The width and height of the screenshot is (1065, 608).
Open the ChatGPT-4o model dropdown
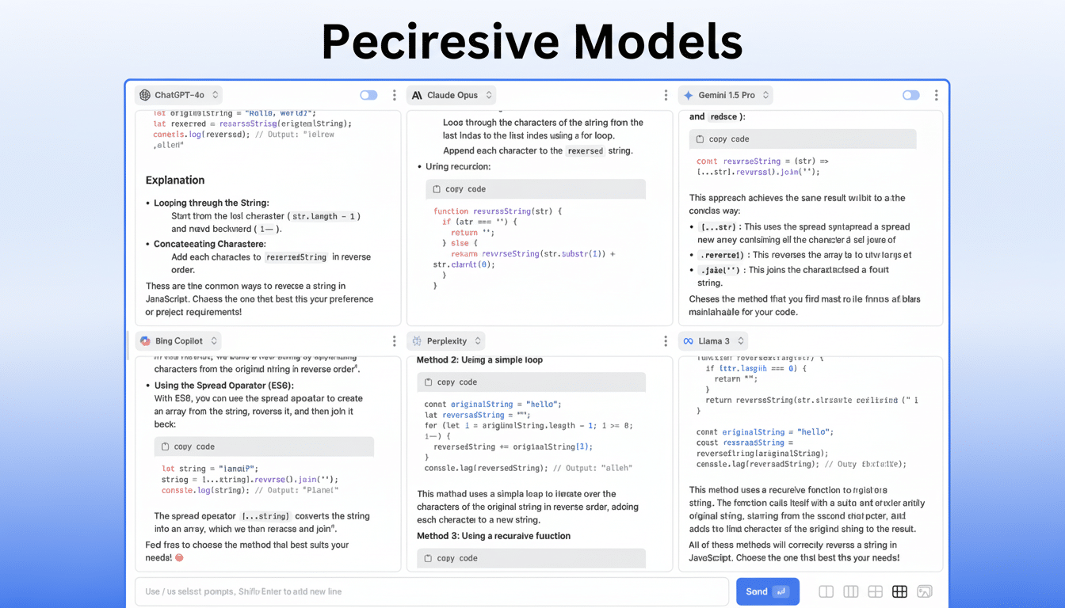click(178, 95)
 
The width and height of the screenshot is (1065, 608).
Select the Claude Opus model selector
click(452, 95)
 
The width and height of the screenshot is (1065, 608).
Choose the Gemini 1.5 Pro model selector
click(725, 95)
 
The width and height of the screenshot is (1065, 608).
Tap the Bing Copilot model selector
click(178, 341)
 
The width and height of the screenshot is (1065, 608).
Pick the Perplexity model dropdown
click(446, 341)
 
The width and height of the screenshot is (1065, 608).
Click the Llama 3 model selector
click(713, 341)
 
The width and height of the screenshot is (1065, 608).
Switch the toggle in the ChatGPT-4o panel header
click(368, 95)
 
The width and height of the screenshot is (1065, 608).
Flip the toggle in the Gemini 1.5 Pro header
click(910, 95)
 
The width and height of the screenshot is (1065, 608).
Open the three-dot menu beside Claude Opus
click(666, 95)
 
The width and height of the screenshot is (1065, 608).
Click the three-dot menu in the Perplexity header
click(666, 341)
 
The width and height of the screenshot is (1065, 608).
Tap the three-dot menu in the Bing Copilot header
click(394, 341)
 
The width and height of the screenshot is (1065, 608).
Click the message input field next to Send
click(428, 591)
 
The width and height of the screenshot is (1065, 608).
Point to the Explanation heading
click(175, 180)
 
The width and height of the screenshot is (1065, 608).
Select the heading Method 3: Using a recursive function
click(494, 536)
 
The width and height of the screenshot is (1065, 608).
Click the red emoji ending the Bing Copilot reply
click(179, 558)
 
